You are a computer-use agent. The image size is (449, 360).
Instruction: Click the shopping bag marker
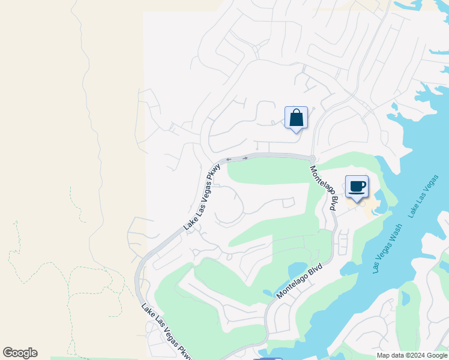click(x=296, y=117)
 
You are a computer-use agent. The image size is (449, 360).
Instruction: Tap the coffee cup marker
click(x=357, y=186)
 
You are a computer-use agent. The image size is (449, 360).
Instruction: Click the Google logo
click(x=20, y=353)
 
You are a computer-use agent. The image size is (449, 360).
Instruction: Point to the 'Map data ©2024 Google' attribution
click(x=412, y=355)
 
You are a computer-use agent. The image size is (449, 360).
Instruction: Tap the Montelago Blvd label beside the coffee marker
click(x=324, y=188)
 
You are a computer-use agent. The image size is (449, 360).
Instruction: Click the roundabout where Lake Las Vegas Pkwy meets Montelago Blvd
click(x=312, y=158)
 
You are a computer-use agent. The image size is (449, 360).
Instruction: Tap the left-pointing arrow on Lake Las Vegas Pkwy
click(x=229, y=159)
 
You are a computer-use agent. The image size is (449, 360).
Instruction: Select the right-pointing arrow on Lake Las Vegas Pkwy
click(x=245, y=158)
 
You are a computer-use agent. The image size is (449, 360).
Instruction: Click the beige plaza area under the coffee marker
click(x=369, y=206)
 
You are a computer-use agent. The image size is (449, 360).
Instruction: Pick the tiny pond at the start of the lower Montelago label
click(x=268, y=293)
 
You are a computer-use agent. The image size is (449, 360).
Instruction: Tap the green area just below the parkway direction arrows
click(x=264, y=171)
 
